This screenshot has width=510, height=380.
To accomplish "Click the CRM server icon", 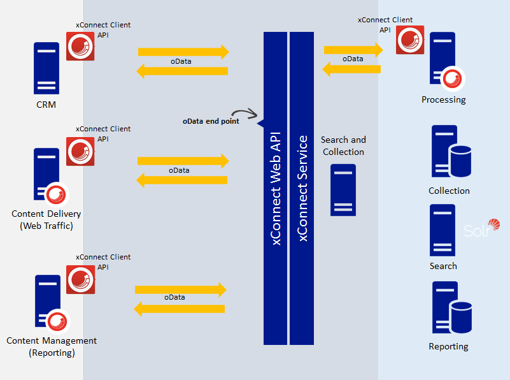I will [46, 68].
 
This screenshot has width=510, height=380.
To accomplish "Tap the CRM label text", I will [46, 105].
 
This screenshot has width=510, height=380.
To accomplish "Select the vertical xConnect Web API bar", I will [276, 188].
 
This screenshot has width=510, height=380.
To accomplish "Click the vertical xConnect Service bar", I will [302, 188].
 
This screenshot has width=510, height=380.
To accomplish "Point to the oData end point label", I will [211, 121].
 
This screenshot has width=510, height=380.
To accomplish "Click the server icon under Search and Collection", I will [343, 190].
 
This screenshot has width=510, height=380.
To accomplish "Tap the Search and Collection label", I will [343, 146].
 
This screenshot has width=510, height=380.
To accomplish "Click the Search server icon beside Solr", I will [443, 230].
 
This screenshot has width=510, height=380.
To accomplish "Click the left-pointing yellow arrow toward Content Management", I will [179, 309].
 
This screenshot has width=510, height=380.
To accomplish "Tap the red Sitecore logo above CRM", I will [80, 46].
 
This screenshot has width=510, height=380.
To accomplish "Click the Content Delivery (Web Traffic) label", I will [46, 220].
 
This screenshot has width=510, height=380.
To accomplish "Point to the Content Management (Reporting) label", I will [52, 347].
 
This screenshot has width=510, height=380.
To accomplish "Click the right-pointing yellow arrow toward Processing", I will [353, 49].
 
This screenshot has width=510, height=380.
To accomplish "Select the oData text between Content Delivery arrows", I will [179, 170].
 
